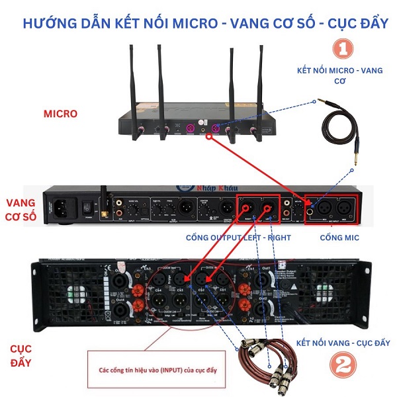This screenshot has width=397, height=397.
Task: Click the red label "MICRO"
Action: (61, 114)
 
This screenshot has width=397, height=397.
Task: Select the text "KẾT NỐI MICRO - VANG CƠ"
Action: (340, 74)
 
